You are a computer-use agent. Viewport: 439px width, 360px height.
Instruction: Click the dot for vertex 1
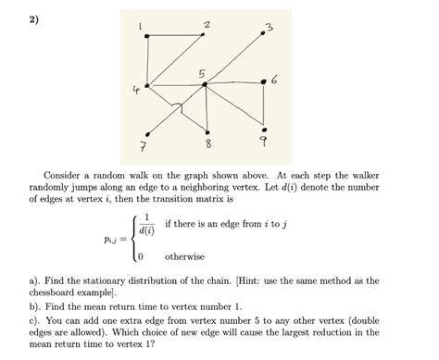click(146, 35)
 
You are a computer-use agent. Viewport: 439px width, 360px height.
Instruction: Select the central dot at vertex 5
click(206, 84)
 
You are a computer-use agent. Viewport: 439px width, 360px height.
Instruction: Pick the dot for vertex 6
click(266, 81)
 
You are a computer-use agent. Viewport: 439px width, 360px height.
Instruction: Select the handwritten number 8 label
click(207, 146)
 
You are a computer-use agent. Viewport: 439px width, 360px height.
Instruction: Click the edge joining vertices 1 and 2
click(176, 35)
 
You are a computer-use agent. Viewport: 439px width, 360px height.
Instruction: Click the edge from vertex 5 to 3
click(237, 58)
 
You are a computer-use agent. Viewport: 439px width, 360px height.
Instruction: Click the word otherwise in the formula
click(184, 256)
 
